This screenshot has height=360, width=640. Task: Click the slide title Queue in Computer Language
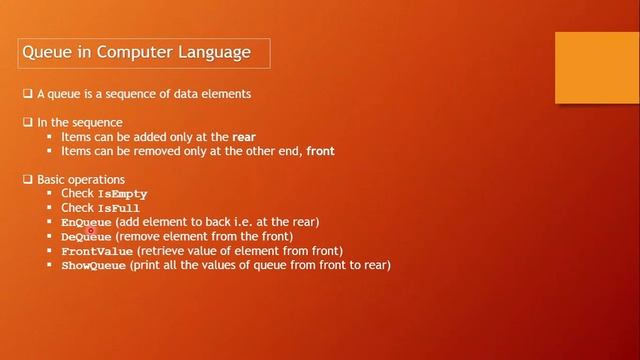(136, 51)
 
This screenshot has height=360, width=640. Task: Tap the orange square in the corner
(596, 67)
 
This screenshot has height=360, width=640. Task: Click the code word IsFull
(119, 208)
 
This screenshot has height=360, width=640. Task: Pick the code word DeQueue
(86, 237)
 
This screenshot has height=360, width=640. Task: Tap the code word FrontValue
(97, 251)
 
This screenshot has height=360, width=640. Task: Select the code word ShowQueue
(94, 266)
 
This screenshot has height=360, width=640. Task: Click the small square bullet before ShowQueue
(49, 265)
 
